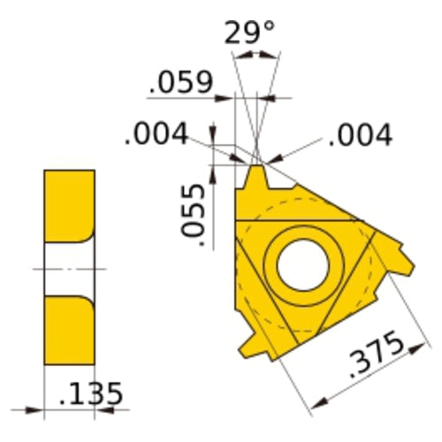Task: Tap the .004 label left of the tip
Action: [156, 134]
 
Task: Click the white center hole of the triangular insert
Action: [302, 263]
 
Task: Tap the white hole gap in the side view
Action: [68, 268]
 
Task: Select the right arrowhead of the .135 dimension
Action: [103, 409]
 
